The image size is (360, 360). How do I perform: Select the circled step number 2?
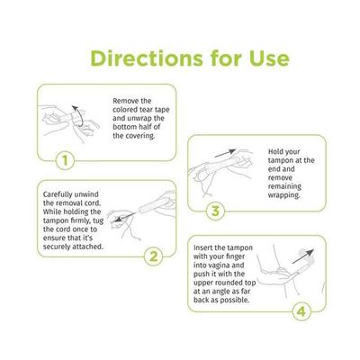click(153, 256)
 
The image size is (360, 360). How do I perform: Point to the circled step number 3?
click(214, 211)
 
